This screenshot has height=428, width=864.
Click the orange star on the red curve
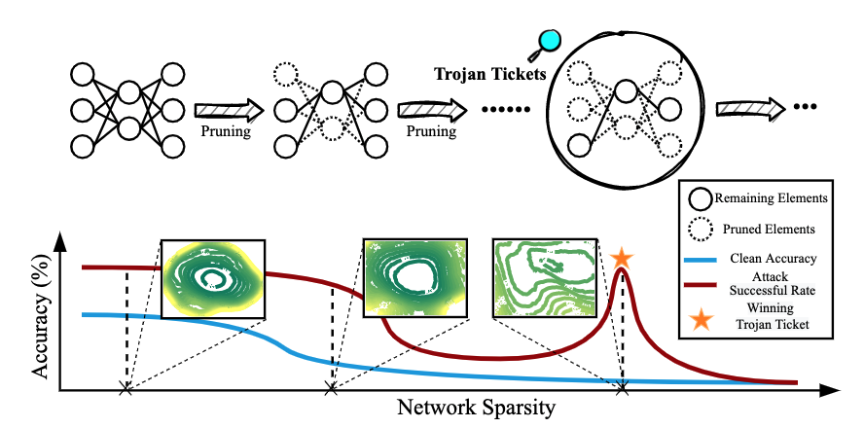click(x=623, y=259)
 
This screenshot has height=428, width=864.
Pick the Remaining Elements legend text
click(x=769, y=196)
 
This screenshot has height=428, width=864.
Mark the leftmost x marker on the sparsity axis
click(x=125, y=389)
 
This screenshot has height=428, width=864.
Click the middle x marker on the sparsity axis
click(x=331, y=389)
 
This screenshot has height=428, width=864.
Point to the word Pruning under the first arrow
click(x=229, y=130)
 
